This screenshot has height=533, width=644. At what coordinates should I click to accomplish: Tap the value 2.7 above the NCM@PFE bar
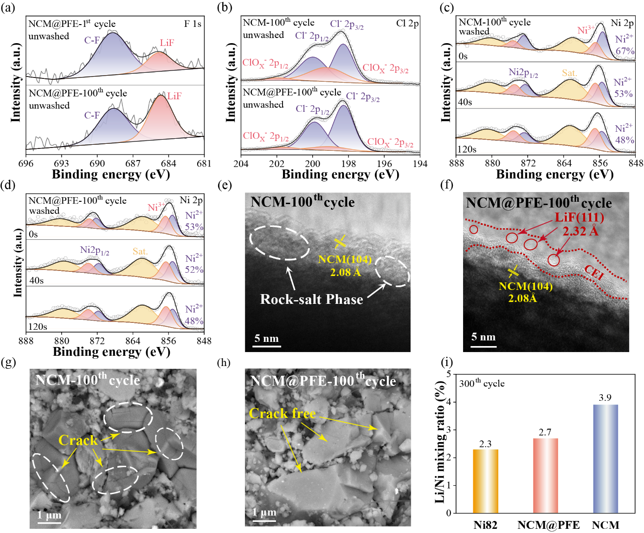545,432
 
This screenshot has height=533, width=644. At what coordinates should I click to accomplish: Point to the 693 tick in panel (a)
61,163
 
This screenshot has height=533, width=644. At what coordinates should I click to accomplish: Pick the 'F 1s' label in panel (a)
193,24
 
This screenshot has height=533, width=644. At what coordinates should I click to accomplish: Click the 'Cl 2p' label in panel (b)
407,23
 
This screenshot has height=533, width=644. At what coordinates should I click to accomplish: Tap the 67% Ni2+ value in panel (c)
625,51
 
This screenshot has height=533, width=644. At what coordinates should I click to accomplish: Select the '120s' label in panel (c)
467,149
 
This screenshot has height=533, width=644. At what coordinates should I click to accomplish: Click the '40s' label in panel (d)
36,280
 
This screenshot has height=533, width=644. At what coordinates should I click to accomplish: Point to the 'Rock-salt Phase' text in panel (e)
311,299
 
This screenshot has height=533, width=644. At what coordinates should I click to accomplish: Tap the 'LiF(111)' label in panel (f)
579,217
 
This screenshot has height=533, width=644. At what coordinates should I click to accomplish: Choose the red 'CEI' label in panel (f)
594,273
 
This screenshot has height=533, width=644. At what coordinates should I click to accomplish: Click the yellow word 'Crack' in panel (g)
78,440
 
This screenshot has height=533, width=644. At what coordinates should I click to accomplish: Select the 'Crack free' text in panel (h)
282,413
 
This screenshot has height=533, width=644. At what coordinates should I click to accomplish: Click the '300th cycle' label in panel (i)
482,384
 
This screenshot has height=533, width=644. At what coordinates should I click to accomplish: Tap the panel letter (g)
8,362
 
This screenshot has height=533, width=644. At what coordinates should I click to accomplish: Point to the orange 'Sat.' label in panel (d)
140,251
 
